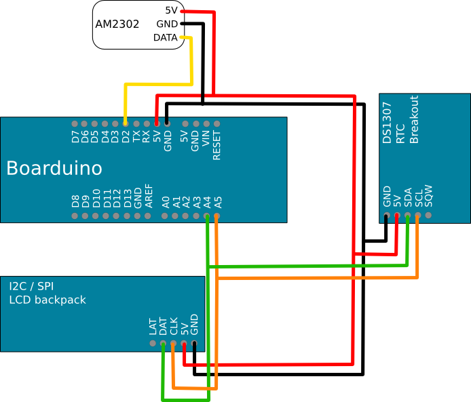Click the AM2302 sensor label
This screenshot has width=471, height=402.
click(117, 24)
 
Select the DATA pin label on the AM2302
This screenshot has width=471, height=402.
click(165, 37)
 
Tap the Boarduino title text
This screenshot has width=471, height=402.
click(54, 168)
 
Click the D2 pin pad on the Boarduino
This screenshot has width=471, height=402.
click(126, 124)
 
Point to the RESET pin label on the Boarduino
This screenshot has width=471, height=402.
click(217, 144)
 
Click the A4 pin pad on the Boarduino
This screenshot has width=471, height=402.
click(207, 216)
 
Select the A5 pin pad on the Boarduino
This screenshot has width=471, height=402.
click(217, 216)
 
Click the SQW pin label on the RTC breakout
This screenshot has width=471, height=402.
click(429, 197)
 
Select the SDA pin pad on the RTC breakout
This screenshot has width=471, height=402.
click(407, 216)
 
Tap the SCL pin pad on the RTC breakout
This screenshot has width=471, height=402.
click(418, 216)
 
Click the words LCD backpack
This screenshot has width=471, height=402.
click(48, 300)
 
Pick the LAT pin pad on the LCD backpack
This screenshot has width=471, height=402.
click(153, 344)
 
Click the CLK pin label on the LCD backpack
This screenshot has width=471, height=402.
click(174, 327)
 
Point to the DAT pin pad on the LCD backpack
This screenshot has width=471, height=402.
click(163, 344)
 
